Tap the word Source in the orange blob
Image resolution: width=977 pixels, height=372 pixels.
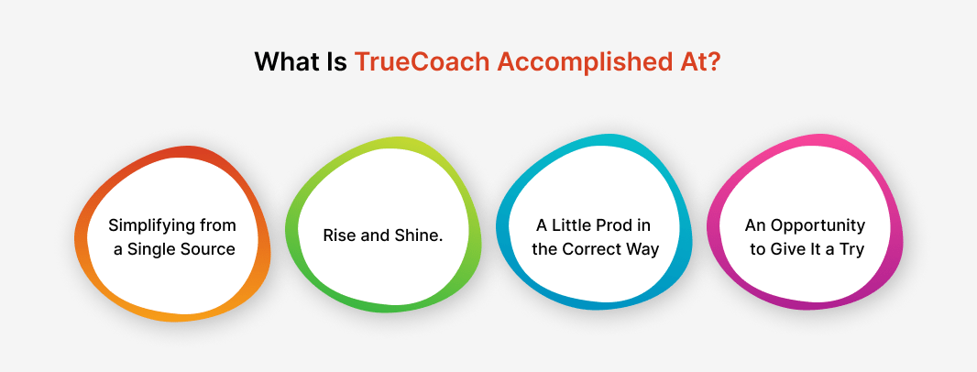(208, 249)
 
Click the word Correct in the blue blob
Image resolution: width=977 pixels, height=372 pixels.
(593, 249)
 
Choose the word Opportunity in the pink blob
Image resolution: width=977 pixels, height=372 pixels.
(818, 225)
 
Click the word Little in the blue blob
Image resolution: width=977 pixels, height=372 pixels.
(574, 225)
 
